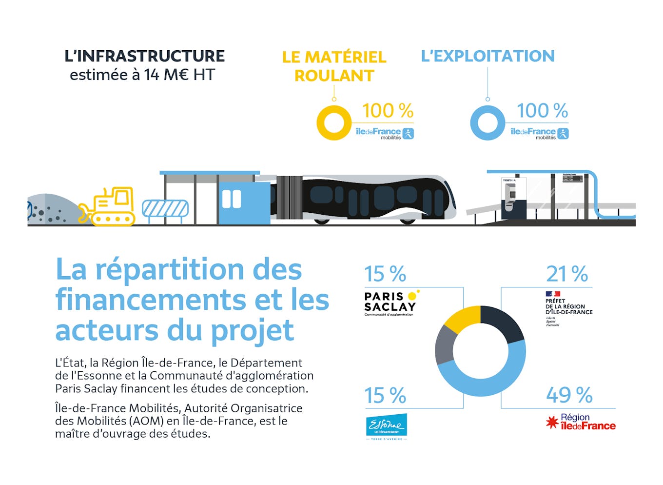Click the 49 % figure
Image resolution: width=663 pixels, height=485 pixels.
coord(569,395)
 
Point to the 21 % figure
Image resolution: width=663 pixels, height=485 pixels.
coord(566,274)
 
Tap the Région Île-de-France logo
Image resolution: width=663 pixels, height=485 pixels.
coord(581,422)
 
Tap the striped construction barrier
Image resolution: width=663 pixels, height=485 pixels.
coord(165,209)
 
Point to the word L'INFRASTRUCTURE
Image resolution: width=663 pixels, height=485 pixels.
coord(145,56)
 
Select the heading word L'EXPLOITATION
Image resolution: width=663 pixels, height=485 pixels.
coord(487,56)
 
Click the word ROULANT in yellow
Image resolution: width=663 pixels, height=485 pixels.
coord(334,76)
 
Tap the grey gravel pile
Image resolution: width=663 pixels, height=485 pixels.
coord(49,210)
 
